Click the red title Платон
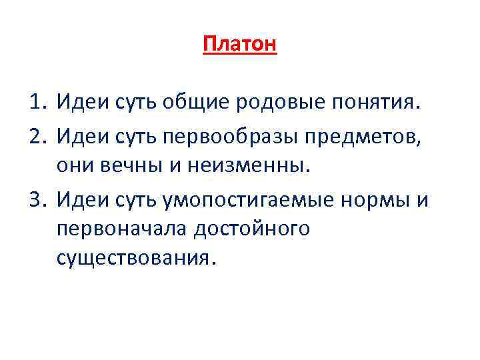[x=239, y=45]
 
